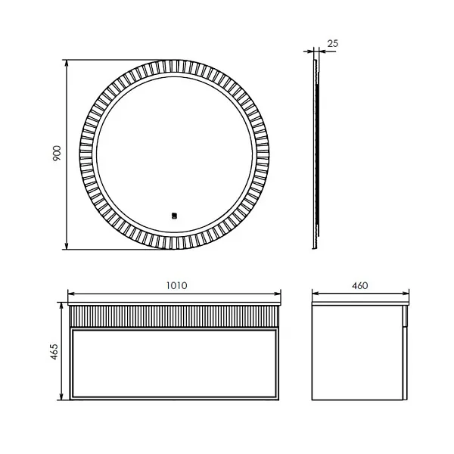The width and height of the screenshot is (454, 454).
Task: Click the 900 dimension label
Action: (57, 153)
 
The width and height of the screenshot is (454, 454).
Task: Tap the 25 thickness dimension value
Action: (333, 43)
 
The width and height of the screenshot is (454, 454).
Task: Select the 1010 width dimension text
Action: (176, 285)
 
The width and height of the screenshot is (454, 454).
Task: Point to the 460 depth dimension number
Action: (360, 286)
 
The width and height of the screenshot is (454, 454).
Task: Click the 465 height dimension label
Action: (54, 352)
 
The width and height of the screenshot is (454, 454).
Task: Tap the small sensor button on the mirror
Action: (174, 216)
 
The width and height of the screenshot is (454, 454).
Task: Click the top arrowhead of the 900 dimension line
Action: (67, 63)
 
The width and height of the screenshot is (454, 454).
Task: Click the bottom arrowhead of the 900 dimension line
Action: (67, 246)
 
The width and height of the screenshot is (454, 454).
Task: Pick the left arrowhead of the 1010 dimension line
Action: (71, 294)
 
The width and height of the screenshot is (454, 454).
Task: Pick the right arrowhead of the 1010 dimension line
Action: (278, 294)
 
